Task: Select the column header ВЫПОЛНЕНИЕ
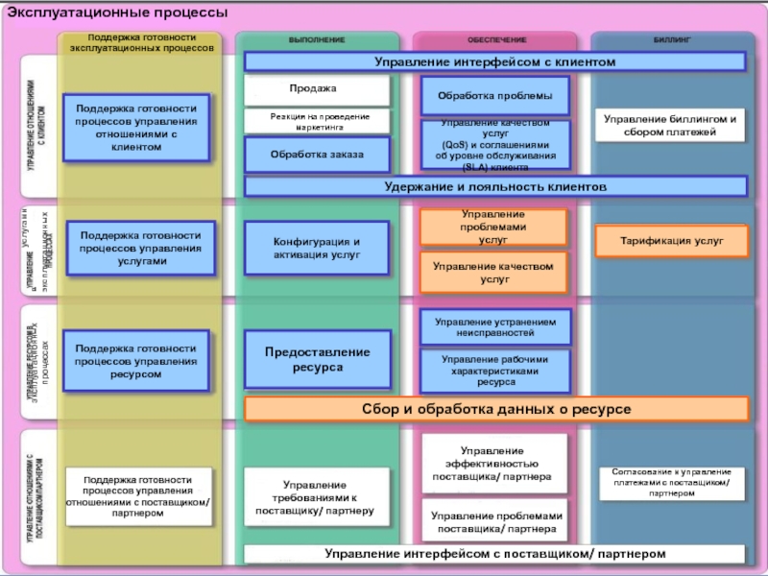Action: click(x=317, y=40)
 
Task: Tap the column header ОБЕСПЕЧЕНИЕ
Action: click(x=496, y=40)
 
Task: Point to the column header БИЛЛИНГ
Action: click(x=672, y=40)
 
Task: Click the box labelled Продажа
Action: click(x=317, y=90)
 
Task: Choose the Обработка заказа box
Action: click(x=317, y=154)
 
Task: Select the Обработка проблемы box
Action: click(x=495, y=96)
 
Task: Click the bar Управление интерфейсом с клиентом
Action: click(x=494, y=61)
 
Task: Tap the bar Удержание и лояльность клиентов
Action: click(x=495, y=186)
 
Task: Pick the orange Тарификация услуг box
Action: click(x=670, y=241)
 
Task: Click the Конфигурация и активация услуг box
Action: click(x=317, y=249)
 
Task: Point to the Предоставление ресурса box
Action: click(x=317, y=359)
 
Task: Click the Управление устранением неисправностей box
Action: click(x=495, y=327)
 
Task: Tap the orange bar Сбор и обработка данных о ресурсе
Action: click(x=495, y=410)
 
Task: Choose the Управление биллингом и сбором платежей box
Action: click(x=670, y=125)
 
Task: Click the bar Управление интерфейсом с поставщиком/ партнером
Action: click(x=494, y=554)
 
